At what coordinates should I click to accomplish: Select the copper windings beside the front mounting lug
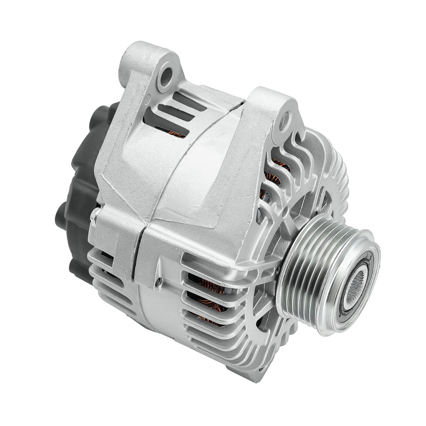274,176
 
